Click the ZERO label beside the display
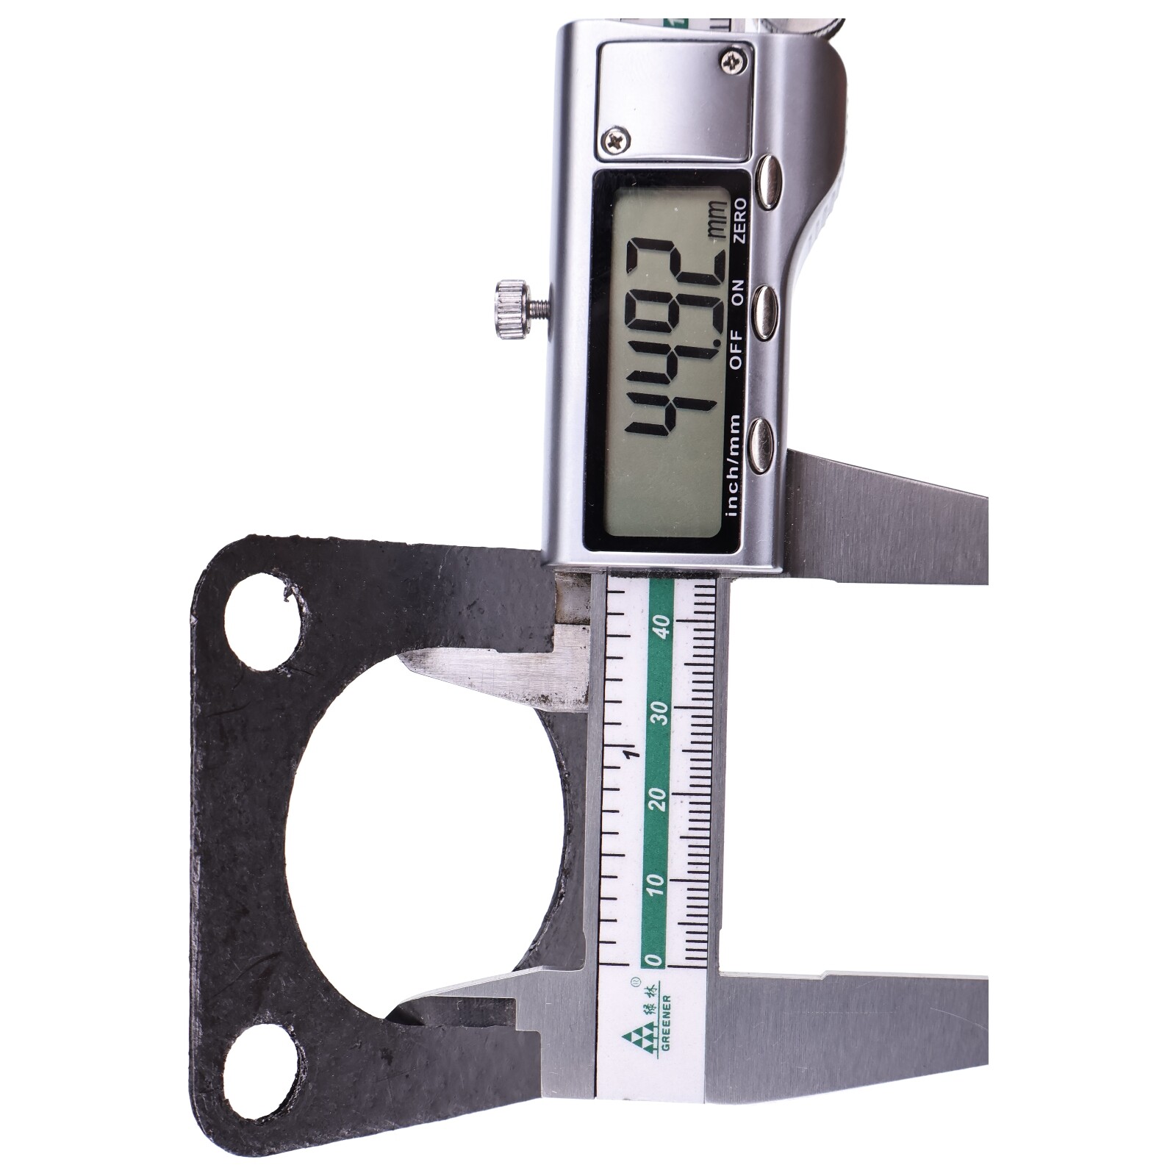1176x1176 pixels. (x=739, y=220)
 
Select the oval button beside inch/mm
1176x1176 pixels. (x=764, y=444)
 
